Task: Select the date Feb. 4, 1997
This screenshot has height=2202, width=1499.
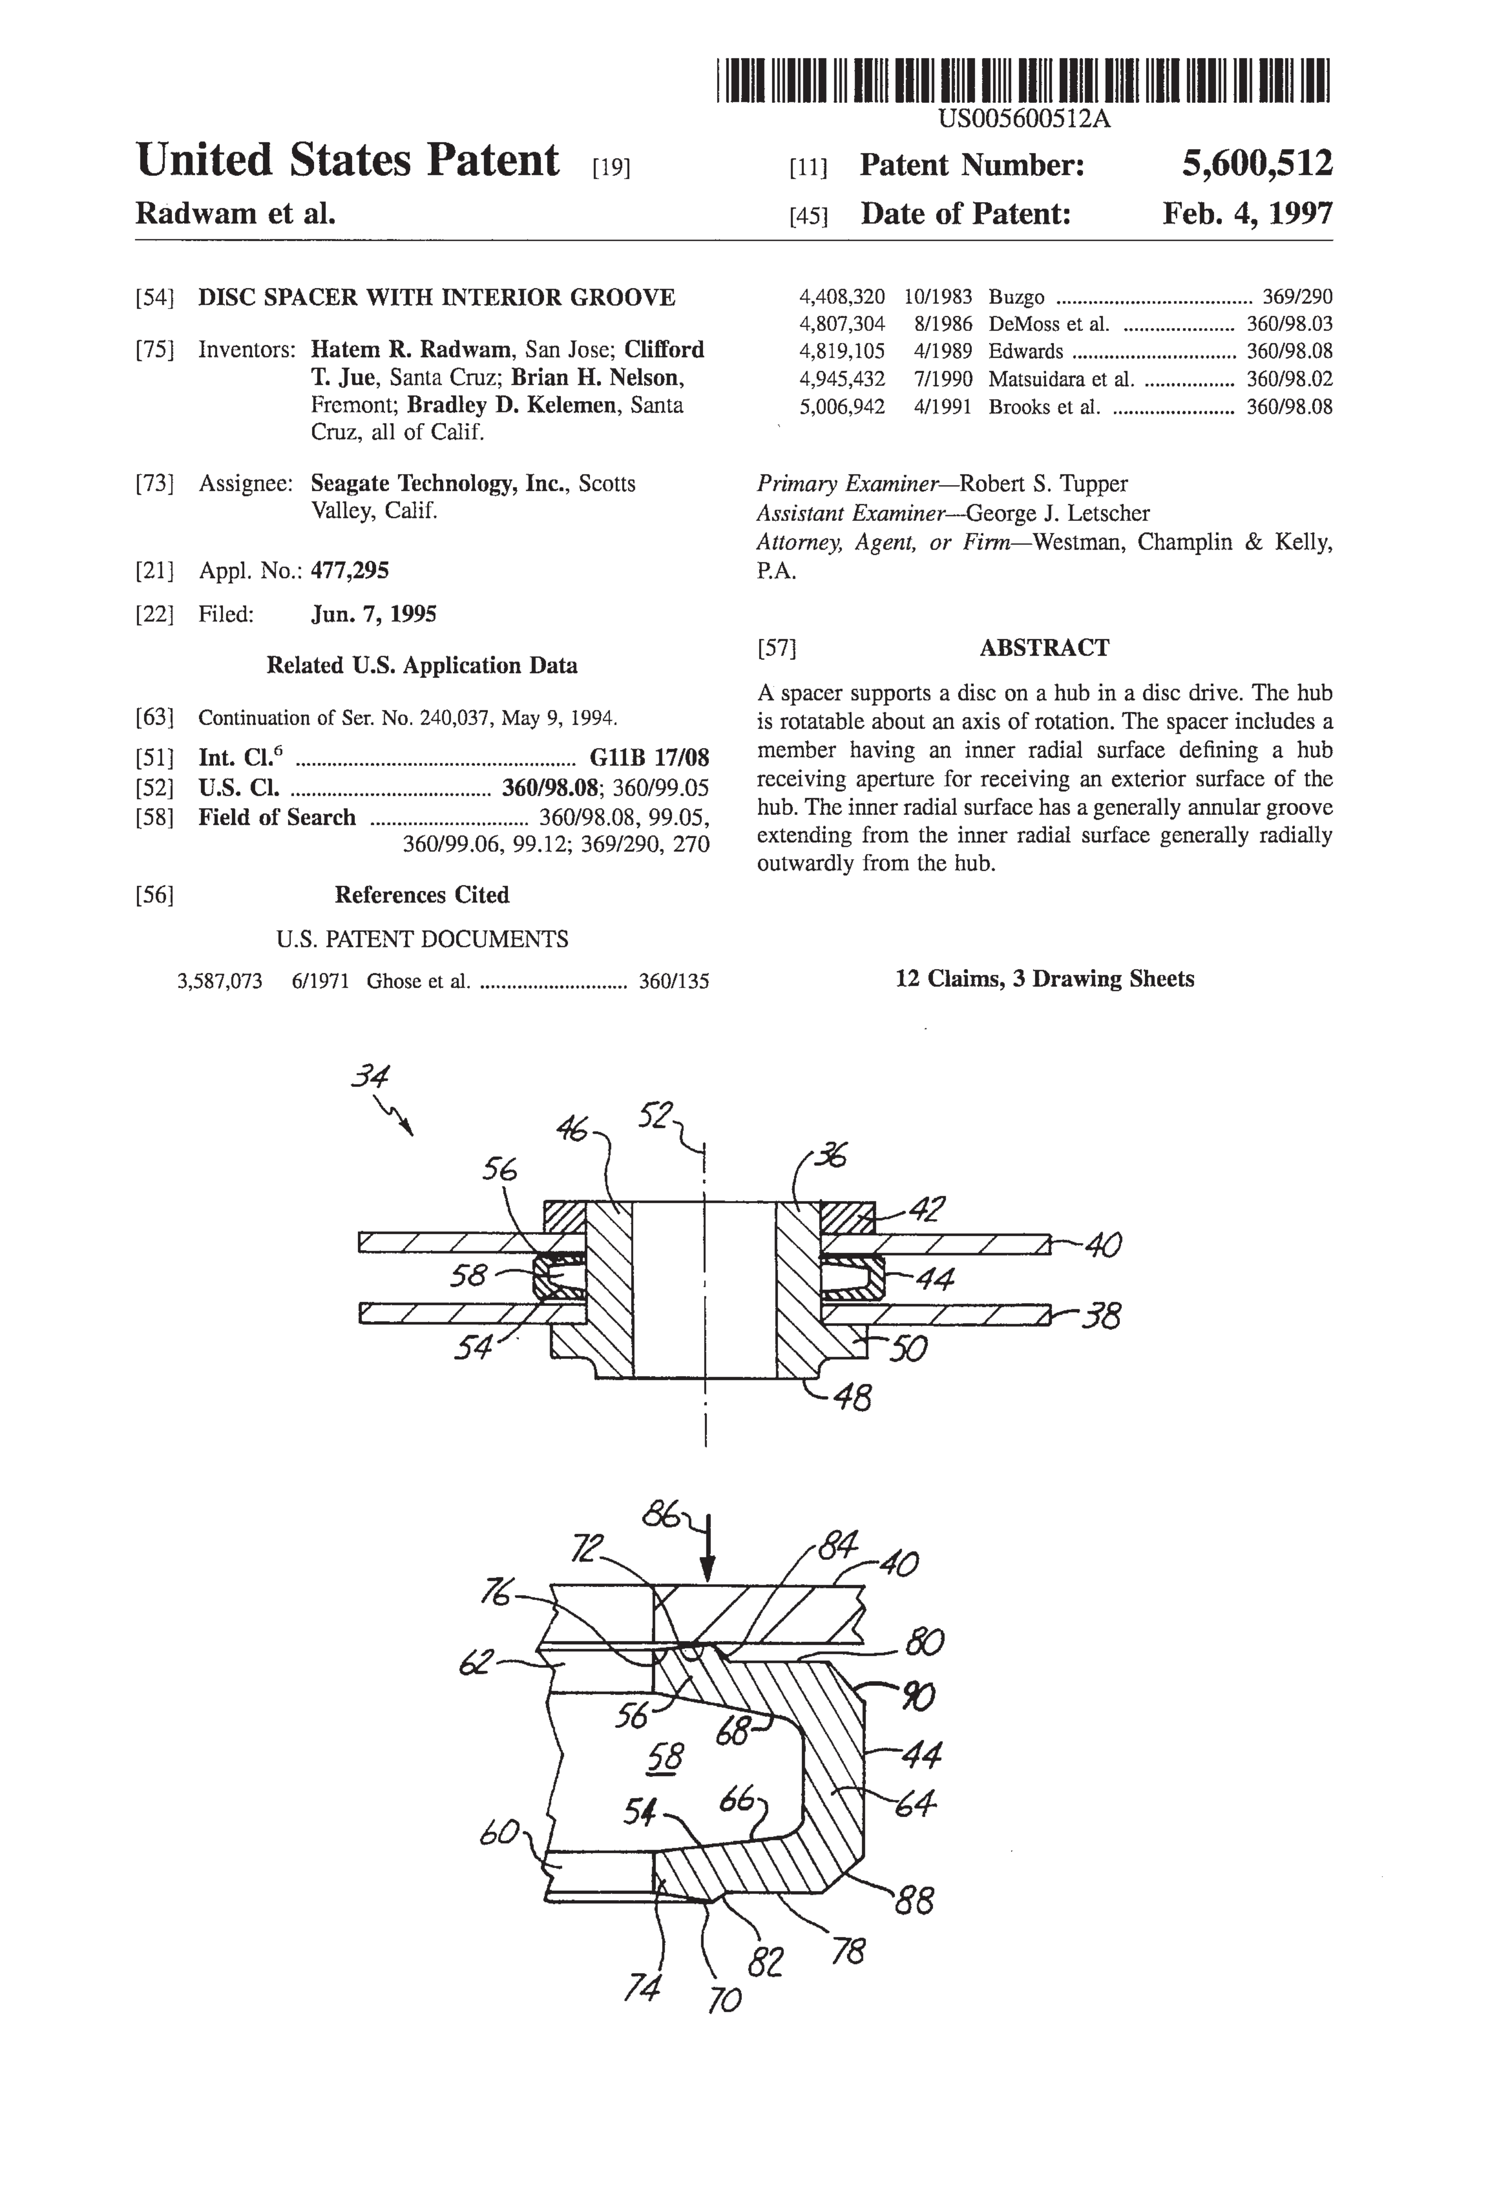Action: click(1247, 213)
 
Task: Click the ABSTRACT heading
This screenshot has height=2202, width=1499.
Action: click(1044, 648)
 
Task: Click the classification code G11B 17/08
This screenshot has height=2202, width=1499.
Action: click(649, 758)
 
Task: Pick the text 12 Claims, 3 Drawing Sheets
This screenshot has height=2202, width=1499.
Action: click(1044, 979)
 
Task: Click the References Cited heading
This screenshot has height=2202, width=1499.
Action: click(422, 896)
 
